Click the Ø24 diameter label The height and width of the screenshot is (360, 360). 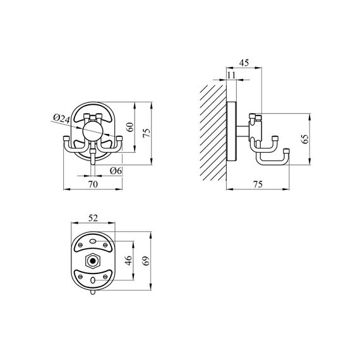61,117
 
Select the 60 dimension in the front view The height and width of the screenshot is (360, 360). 131,126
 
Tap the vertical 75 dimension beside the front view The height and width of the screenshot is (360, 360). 146,132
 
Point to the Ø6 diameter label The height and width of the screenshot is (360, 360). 116,171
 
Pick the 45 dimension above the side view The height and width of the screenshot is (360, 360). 243,63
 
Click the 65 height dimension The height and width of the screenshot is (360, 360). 305,140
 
